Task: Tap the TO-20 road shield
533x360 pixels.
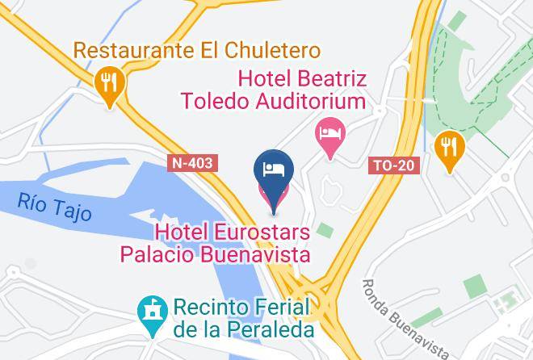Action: tap(396, 165)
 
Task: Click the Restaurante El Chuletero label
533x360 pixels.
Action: tap(196, 51)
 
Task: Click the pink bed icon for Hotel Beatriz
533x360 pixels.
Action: tap(329, 131)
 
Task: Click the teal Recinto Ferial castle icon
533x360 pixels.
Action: tap(150, 311)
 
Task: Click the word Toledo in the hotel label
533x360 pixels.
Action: tap(205, 102)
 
